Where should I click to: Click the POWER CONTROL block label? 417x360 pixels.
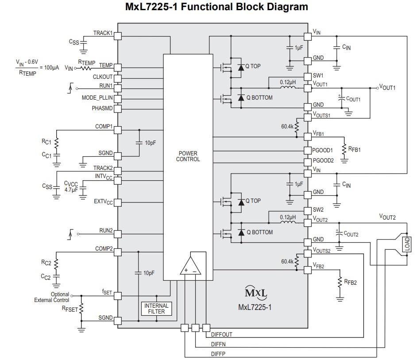pyautogui.click(x=188, y=156)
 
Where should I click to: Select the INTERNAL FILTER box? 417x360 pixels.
pyautogui.click(x=156, y=308)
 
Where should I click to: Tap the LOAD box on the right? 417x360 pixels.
pyautogui.click(x=407, y=244)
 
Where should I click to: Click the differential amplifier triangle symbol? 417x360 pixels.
pyautogui.click(x=191, y=266)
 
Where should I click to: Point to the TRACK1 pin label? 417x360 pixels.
pyautogui.click(x=103, y=33)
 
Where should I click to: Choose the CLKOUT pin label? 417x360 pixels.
pyautogui.click(x=103, y=77)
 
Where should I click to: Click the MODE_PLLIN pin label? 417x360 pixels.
pyautogui.click(x=97, y=97)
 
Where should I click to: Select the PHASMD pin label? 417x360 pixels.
pyautogui.click(x=102, y=108)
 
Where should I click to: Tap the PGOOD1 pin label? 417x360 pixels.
pyautogui.click(x=323, y=150)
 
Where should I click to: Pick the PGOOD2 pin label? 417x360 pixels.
pyautogui.click(x=323, y=160)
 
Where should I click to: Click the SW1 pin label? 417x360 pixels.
pyautogui.click(x=318, y=76)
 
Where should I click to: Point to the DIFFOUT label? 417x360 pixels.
pyautogui.click(x=221, y=335)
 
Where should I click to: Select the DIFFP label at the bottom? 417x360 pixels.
pyautogui.click(x=218, y=354)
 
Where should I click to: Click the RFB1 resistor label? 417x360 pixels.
pyautogui.click(x=354, y=150)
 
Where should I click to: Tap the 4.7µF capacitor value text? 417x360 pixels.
pyautogui.click(x=71, y=190)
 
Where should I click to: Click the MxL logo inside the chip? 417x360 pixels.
pyautogui.click(x=256, y=293)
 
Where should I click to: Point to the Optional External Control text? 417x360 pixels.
pyautogui.click(x=52, y=297)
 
